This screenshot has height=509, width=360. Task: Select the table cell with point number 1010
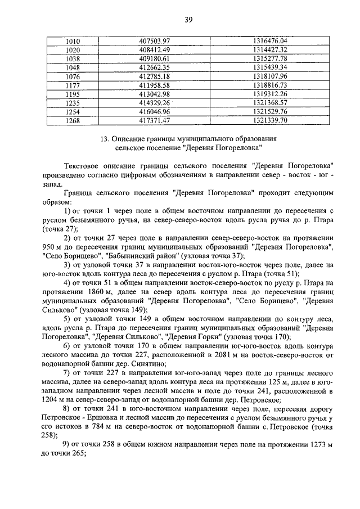click(x=74, y=42)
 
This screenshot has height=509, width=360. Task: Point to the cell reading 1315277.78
click(x=270, y=58)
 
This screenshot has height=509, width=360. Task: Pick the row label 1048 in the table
click(x=74, y=67)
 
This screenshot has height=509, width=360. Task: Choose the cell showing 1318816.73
click(x=270, y=85)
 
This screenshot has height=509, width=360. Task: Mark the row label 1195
click(x=74, y=93)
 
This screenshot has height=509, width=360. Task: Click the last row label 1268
click(x=74, y=120)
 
